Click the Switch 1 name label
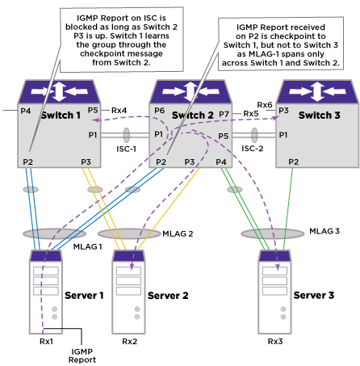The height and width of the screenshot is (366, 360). tap(61, 116)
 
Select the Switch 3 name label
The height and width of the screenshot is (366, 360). tap(320, 116)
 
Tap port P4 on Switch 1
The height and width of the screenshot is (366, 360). tap(26, 111)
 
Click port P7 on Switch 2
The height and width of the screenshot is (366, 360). tap(224, 114)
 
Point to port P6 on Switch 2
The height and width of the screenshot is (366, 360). tap(160, 111)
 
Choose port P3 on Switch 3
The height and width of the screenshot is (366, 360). tap(283, 111)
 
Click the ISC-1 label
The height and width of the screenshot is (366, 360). tap(127, 149)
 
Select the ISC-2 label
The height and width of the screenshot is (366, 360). tap(253, 149)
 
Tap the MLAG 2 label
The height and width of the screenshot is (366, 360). tap(178, 233)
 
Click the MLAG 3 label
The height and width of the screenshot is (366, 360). tap(324, 231)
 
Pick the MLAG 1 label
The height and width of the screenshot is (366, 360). tap(88, 246)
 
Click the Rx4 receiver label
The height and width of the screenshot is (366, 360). tap(119, 111)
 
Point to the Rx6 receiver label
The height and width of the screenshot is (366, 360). tap(265, 105)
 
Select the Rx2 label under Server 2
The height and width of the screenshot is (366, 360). tap(130, 342)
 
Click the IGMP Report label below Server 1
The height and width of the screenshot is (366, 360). tap(82, 355)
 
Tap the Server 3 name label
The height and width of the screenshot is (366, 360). tap(314, 295)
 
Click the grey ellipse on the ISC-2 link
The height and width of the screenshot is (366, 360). tap(254, 135)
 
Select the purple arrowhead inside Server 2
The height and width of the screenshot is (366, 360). tap(132, 267)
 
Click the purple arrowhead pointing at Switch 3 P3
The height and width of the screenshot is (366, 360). tap(276, 118)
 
